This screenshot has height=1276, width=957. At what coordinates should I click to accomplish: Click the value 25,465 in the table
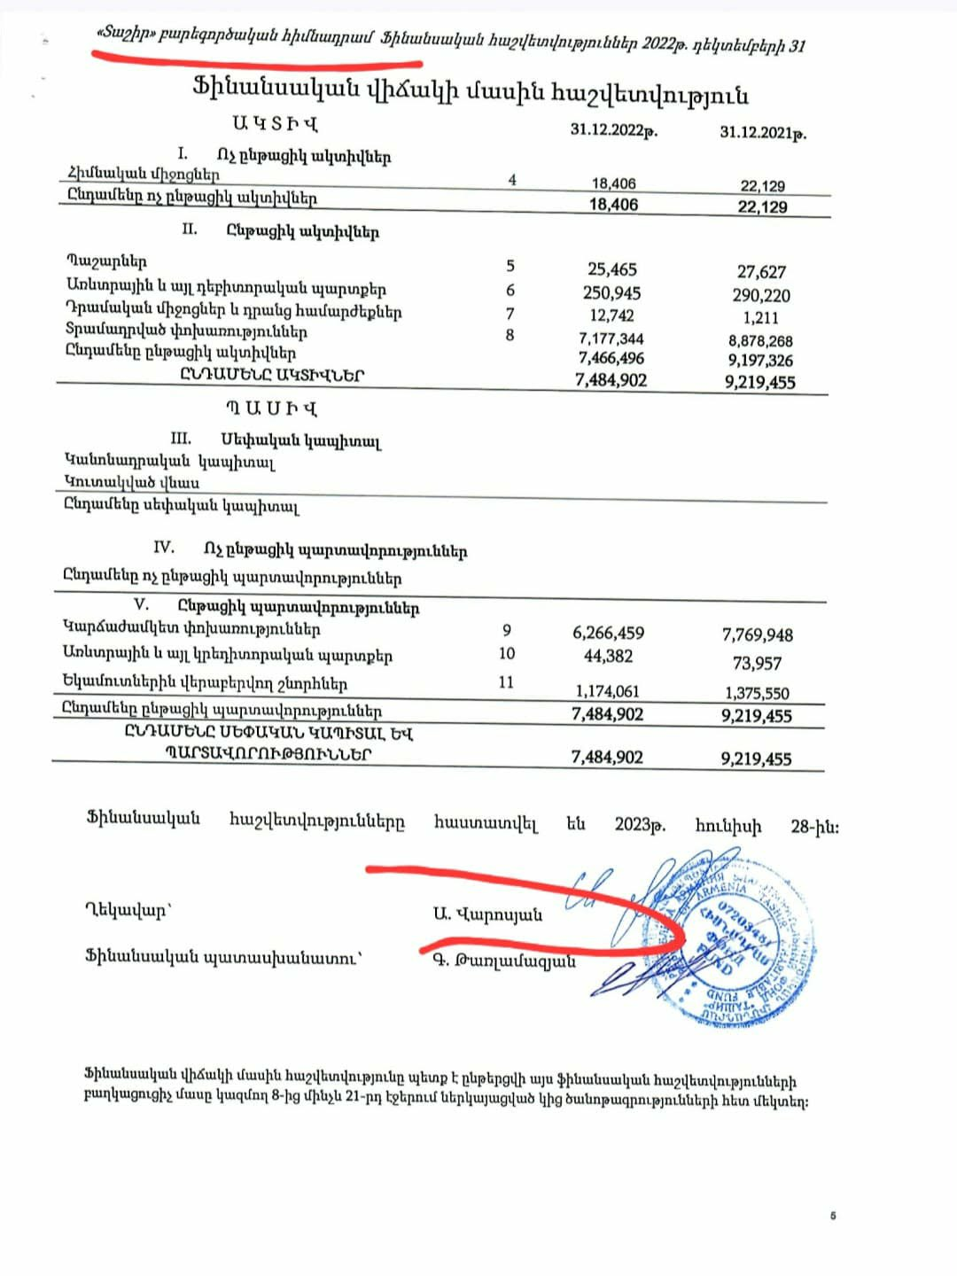click(611, 269)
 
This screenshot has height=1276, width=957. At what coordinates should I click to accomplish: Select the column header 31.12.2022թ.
click(613, 130)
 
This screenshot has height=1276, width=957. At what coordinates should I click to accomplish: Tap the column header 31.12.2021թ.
click(762, 133)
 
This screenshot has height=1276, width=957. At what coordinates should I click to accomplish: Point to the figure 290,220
click(761, 295)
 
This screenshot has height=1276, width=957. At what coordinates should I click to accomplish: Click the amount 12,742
click(611, 315)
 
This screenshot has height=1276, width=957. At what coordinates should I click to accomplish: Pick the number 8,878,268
click(760, 341)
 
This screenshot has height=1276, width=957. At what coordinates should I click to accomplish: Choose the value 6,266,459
click(608, 633)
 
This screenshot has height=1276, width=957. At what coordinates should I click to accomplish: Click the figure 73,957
click(757, 663)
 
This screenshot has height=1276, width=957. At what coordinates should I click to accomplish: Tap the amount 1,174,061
click(607, 691)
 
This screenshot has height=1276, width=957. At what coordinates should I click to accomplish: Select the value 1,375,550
click(757, 694)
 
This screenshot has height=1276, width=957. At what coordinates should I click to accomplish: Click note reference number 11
click(506, 682)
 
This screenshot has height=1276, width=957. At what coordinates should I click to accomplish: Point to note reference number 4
click(512, 180)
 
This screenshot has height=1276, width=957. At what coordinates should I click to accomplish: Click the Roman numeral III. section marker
click(181, 439)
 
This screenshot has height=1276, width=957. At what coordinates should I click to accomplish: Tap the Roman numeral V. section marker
click(141, 604)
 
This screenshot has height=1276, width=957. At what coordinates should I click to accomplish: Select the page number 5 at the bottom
click(833, 1216)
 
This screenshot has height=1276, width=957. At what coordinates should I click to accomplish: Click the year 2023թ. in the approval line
click(640, 825)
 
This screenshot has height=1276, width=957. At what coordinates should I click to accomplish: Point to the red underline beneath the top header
click(257, 61)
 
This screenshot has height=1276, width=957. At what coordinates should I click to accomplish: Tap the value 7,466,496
click(611, 359)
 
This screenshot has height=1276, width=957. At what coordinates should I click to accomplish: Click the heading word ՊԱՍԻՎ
click(270, 408)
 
